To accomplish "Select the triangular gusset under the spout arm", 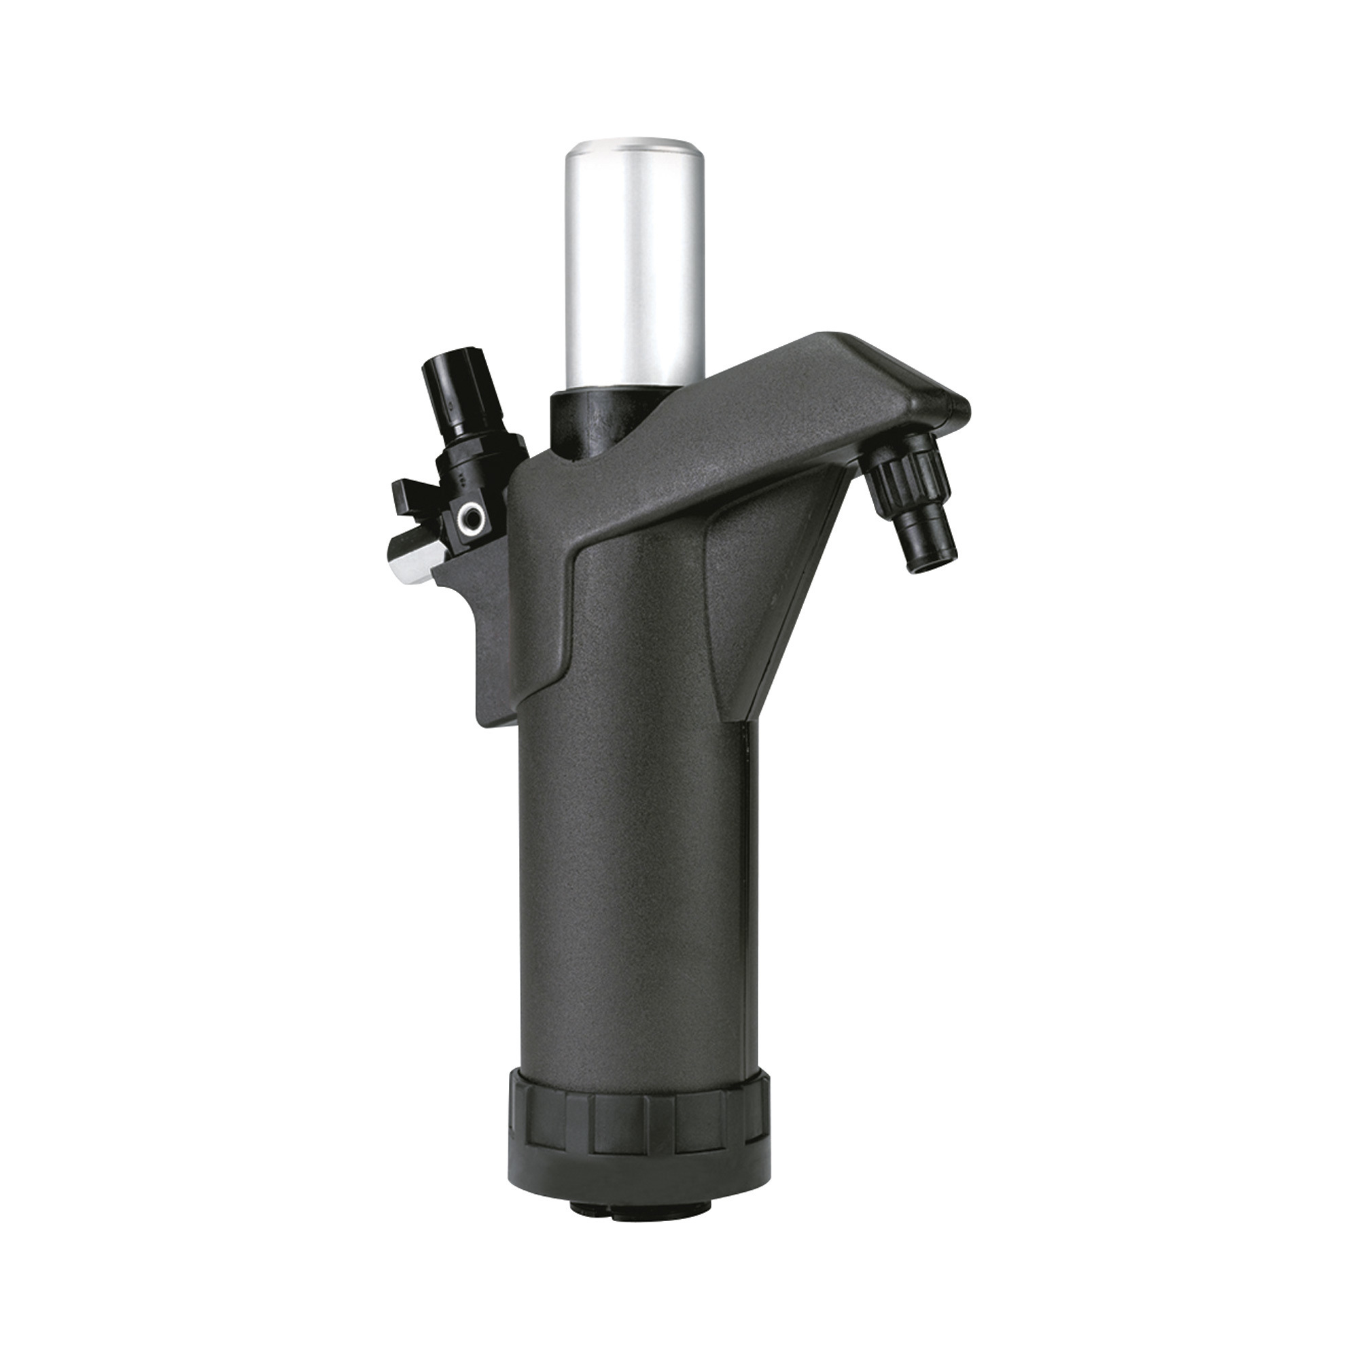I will (781, 605).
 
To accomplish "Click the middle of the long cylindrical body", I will (630, 879).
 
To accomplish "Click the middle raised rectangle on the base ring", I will (619, 1125).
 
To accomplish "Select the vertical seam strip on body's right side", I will (752, 879).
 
